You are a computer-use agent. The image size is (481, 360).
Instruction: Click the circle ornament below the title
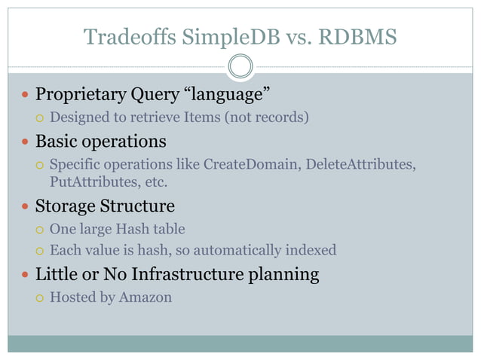(x=240, y=66)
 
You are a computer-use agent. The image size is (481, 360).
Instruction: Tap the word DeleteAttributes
(x=360, y=164)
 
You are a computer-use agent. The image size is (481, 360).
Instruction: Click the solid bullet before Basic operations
(x=26, y=142)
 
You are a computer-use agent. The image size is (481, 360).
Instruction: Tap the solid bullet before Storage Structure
(x=26, y=206)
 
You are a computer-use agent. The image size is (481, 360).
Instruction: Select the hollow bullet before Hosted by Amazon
(x=41, y=297)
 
